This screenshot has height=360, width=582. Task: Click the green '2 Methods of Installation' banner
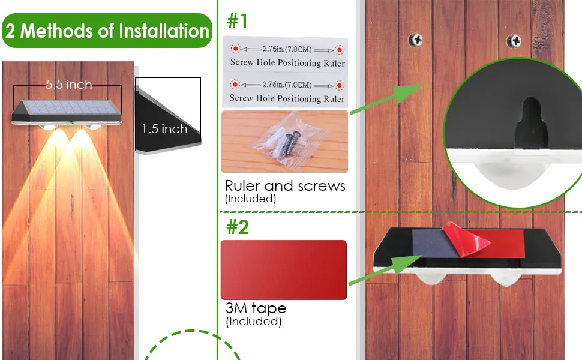click(x=107, y=31)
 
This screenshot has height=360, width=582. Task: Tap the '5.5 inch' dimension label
click(x=69, y=85)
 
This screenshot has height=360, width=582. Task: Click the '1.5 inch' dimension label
click(x=164, y=129)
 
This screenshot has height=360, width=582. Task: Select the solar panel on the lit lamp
click(x=67, y=107)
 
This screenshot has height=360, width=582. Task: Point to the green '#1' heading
click(x=237, y=21)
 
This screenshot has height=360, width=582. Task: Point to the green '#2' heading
click(x=238, y=226)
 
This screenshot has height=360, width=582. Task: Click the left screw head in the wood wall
click(x=416, y=40)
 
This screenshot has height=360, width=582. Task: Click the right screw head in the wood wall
click(x=514, y=41)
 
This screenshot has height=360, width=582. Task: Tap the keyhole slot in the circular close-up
click(x=531, y=122)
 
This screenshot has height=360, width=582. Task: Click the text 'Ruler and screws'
click(x=285, y=185)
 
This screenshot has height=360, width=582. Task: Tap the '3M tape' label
click(x=256, y=308)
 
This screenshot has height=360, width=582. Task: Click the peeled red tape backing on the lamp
click(x=466, y=239)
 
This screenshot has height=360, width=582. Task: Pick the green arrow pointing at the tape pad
click(x=385, y=269)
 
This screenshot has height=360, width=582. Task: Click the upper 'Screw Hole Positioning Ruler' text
click(x=287, y=63)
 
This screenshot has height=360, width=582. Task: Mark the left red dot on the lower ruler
click(x=235, y=85)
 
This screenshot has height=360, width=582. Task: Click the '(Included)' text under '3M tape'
click(x=254, y=322)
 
